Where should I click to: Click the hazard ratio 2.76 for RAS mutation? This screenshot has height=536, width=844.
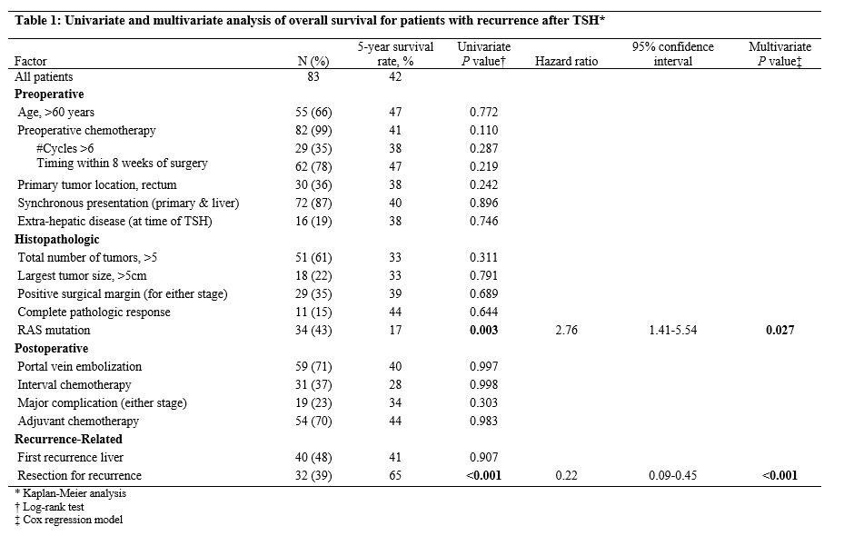[566, 330]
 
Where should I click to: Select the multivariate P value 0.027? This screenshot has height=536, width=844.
[779, 330]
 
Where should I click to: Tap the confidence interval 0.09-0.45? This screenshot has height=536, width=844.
[673, 475]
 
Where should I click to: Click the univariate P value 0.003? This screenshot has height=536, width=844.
[484, 330]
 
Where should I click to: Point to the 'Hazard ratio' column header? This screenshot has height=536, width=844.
[566, 62]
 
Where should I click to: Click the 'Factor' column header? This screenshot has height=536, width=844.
[31, 62]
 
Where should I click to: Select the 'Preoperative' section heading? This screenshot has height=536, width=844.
[49, 94]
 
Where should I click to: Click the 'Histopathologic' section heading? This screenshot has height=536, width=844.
[57, 240]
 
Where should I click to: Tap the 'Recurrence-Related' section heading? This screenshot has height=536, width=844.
[68, 439]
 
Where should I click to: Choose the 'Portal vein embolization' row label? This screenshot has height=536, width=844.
[80, 366]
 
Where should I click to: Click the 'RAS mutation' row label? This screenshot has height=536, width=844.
[54, 330]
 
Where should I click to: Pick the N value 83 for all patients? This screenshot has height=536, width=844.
[313, 76]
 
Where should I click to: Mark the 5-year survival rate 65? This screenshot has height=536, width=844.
[395, 475]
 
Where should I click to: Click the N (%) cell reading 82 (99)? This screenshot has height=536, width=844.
[313, 130]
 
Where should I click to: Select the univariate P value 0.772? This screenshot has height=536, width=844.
[484, 112]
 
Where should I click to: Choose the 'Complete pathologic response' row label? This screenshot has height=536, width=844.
[94, 313]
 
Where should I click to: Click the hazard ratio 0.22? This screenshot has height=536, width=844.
[566, 475]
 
